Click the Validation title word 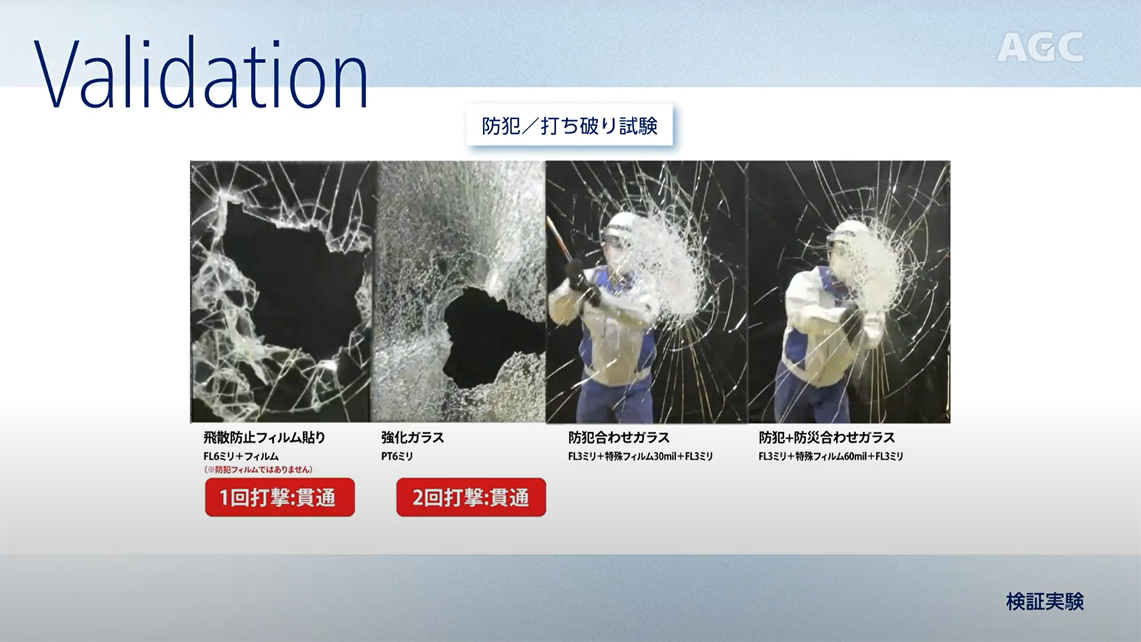point(200,72)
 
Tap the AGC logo point(1040,47)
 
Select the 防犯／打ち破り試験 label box point(570,125)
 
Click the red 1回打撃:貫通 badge point(280,497)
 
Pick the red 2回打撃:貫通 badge point(471,497)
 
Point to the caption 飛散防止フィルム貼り point(264,437)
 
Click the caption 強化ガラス point(413,437)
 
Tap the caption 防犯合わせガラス point(619,437)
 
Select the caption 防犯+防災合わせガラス point(827,437)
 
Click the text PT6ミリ point(396,456)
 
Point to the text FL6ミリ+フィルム point(241,456)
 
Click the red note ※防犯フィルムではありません point(257,469)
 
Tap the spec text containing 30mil point(640,456)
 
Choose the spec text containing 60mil point(831,456)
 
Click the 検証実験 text point(1045,602)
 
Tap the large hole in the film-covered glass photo point(293,285)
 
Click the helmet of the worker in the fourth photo point(846,232)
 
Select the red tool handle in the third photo point(559,240)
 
